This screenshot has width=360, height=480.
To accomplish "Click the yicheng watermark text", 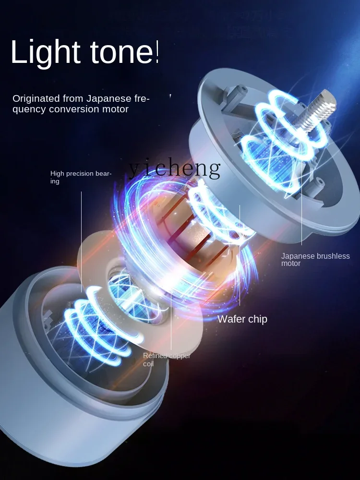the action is coord(175,168).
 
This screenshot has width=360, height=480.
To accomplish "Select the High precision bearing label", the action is coord(81,177).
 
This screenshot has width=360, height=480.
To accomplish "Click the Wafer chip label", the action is coord(242,319).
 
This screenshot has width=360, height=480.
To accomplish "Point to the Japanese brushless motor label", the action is coord(315,260).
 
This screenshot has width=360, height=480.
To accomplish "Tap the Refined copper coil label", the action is coord(167,360).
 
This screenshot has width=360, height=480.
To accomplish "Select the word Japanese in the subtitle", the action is coord(109,99).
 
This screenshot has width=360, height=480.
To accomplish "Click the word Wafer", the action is coord(231,319).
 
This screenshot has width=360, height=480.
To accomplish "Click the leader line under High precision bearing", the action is coord(82,240).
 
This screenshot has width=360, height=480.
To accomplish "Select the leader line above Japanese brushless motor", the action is coord(302,211).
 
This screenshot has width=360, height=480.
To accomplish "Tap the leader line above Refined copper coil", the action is coord(171,322).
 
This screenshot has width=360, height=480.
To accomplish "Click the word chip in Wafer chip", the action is coord(257,319).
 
